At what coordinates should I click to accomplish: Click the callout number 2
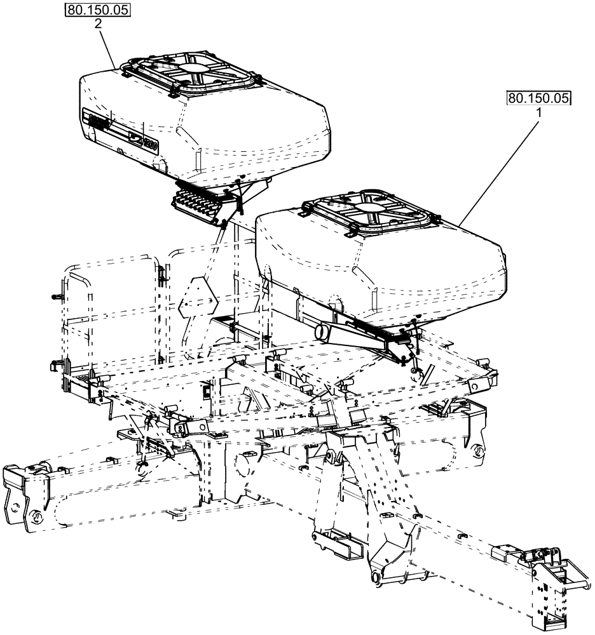99,23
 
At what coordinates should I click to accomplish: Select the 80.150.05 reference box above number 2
98,10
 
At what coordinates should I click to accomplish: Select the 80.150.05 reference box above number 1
539,98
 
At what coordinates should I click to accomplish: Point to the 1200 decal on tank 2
150,144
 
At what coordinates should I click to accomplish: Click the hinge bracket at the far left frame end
25,495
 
